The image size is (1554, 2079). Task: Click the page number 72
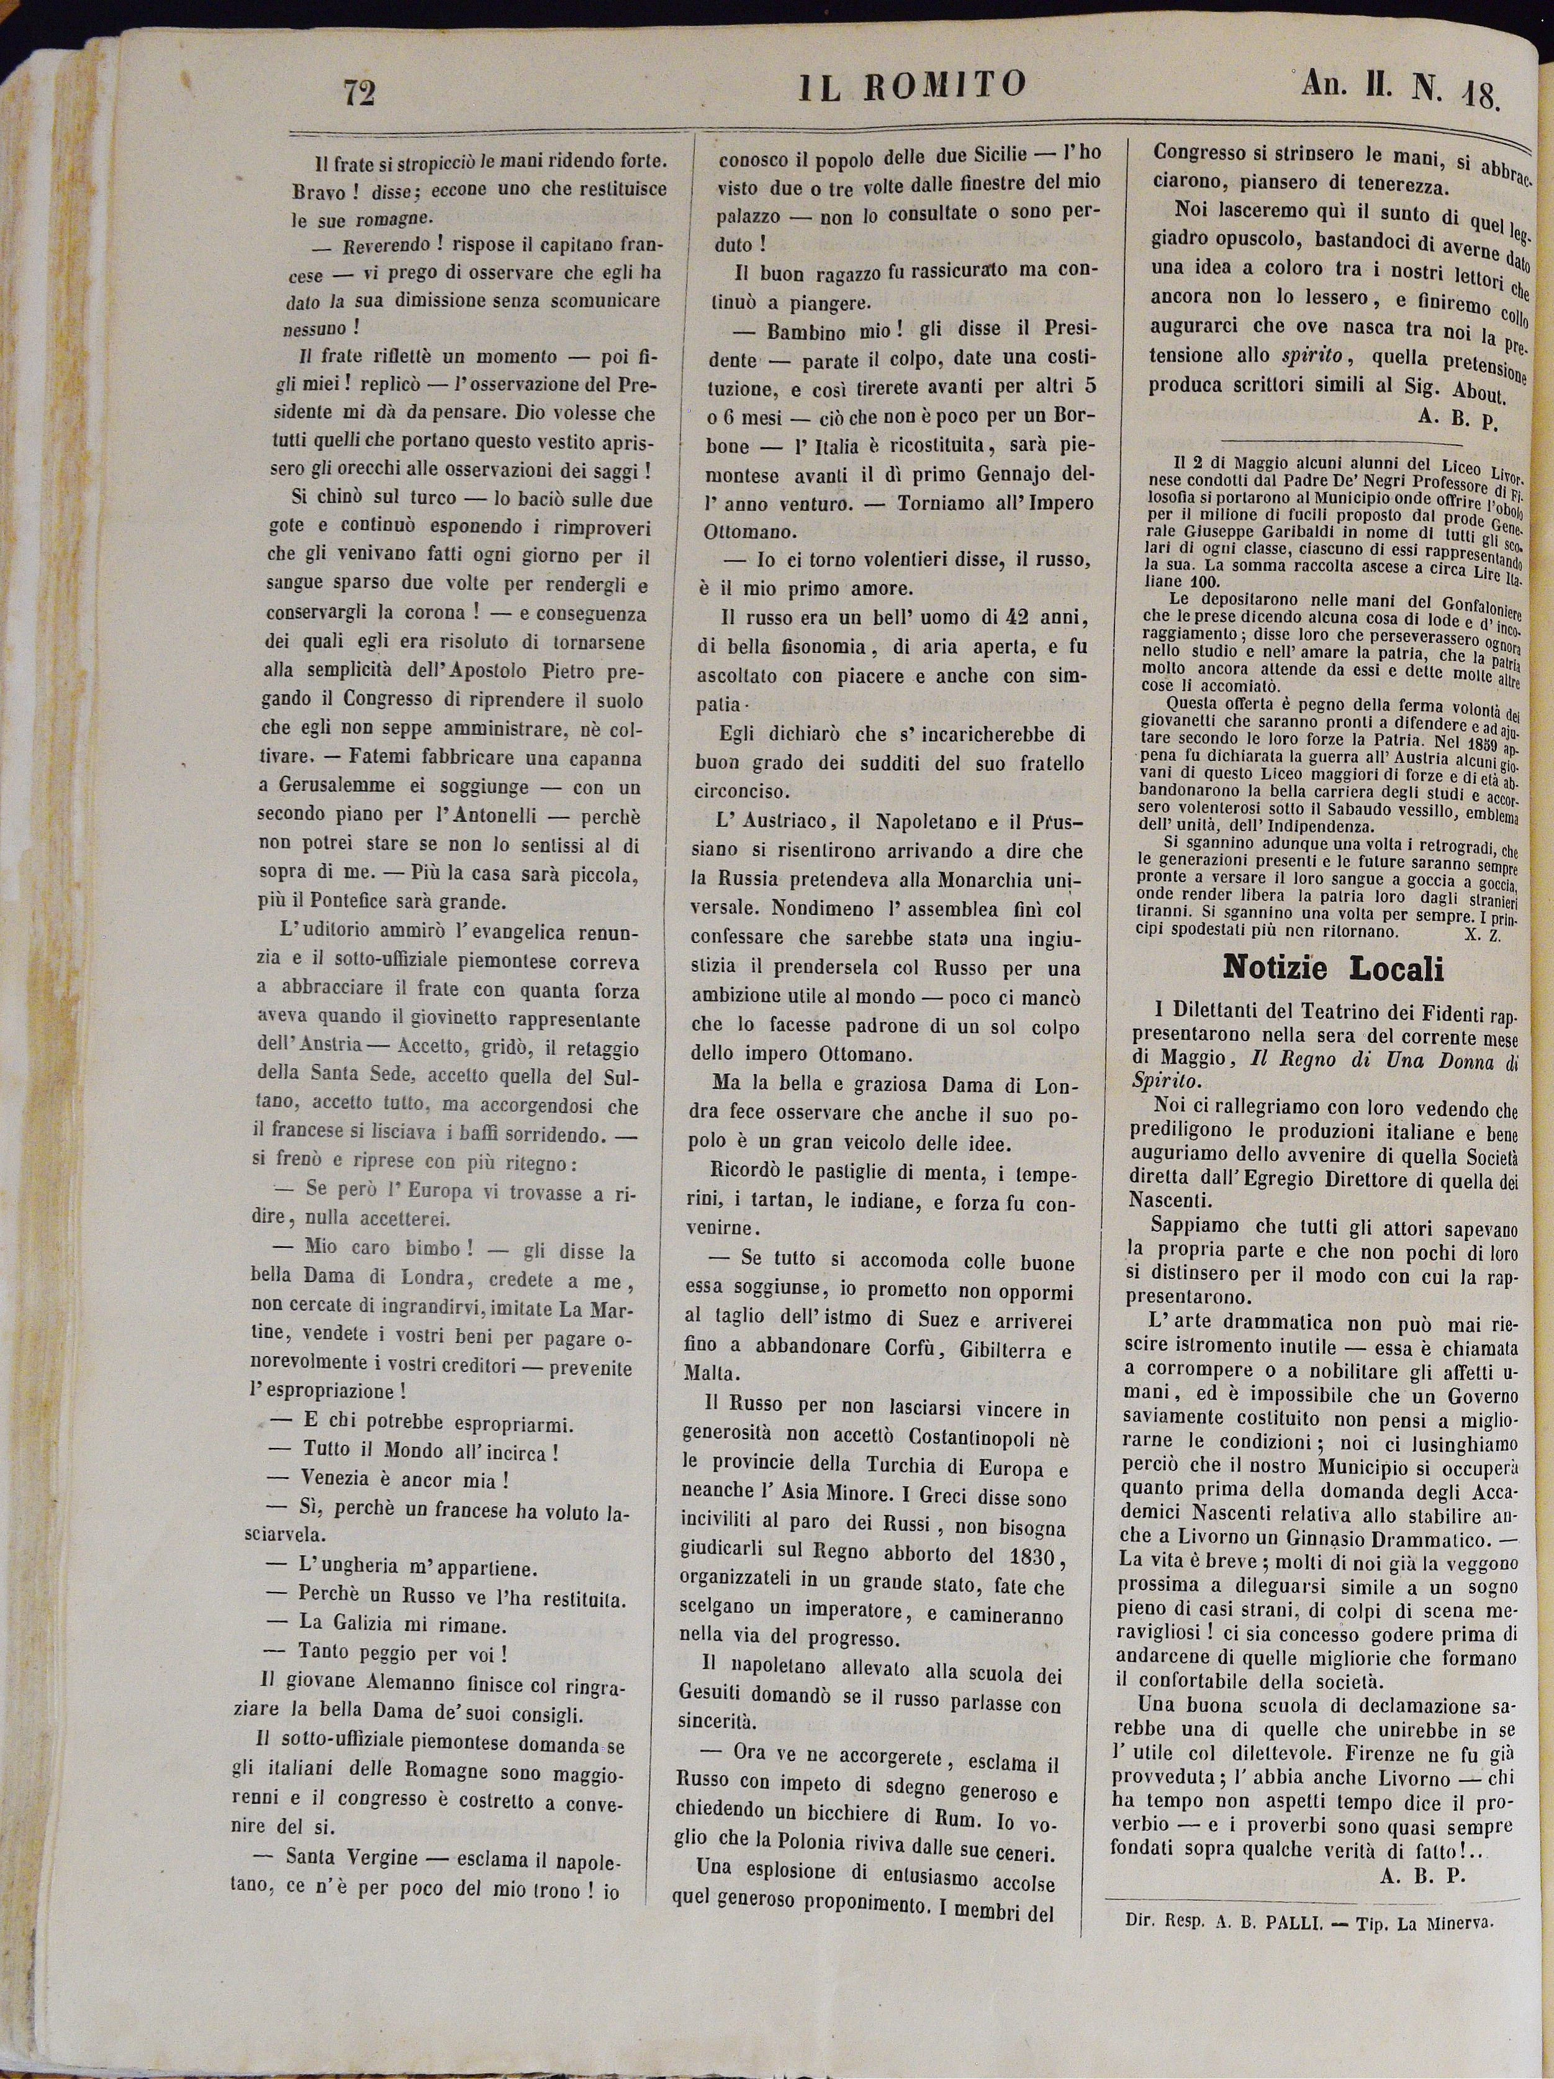tap(360, 93)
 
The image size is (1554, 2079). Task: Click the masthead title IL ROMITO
tap(912, 86)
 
